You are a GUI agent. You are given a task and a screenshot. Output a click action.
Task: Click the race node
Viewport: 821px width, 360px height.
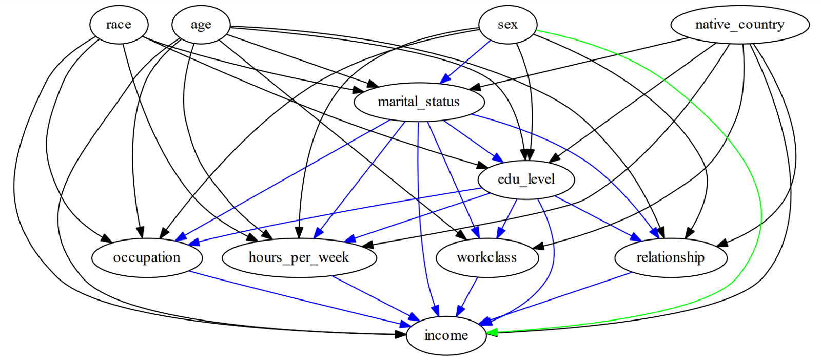pyautogui.click(x=119, y=25)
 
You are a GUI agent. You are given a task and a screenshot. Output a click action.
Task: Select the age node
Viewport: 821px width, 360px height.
pyautogui.click(x=201, y=25)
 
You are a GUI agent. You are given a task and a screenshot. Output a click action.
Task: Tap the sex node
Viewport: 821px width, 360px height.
pyautogui.click(x=507, y=25)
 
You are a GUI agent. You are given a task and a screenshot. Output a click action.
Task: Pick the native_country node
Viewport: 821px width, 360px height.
pyautogui.click(x=739, y=25)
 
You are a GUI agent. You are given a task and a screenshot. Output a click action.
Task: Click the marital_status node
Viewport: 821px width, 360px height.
pyautogui.click(x=419, y=102)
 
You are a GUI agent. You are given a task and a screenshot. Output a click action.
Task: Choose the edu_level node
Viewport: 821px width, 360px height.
pyautogui.click(x=526, y=179)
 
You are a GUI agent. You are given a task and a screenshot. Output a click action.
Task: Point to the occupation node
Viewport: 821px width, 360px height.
pyautogui.click(x=147, y=257)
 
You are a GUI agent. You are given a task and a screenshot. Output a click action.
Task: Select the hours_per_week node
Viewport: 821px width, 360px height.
pyautogui.click(x=299, y=257)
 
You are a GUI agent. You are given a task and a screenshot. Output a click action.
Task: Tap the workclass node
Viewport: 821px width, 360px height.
pyautogui.click(x=487, y=257)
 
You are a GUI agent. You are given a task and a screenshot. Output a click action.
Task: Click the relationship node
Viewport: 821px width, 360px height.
pyautogui.click(x=670, y=257)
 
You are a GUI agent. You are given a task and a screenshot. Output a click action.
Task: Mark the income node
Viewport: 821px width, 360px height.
pyautogui.click(x=446, y=335)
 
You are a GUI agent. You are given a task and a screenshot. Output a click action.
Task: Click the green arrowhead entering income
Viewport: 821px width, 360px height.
pyautogui.click(x=492, y=332)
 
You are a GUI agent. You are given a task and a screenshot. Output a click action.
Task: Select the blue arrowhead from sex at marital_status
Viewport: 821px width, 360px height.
pyautogui.click(x=445, y=78)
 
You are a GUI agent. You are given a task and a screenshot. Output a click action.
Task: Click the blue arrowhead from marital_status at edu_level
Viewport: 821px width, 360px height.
pyautogui.click(x=497, y=157)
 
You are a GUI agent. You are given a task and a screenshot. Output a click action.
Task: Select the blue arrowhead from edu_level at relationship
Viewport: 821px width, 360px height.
pyautogui.click(x=636, y=237)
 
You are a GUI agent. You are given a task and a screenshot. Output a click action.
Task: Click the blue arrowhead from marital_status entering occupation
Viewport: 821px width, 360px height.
pyautogui.click(x=181, y=237)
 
